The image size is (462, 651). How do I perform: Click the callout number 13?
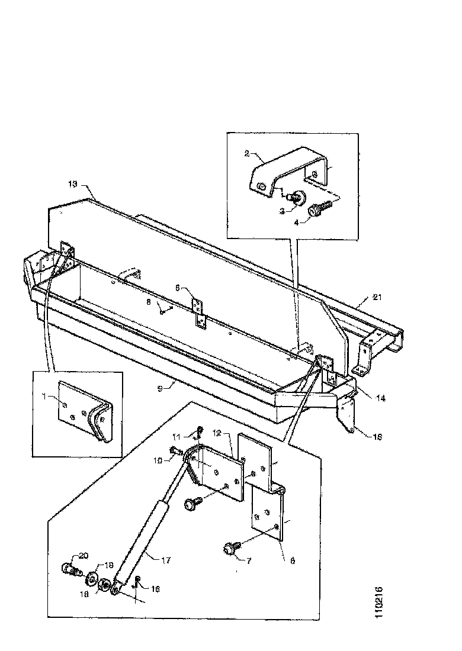click(72, 184)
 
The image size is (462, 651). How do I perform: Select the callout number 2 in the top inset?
click(247, 153)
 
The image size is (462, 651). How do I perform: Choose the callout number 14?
click(380, 398)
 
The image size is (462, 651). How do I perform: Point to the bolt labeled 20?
click(69, 571)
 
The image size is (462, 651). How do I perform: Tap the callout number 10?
click(159, 459)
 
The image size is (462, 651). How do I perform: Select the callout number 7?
click(249, 560)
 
